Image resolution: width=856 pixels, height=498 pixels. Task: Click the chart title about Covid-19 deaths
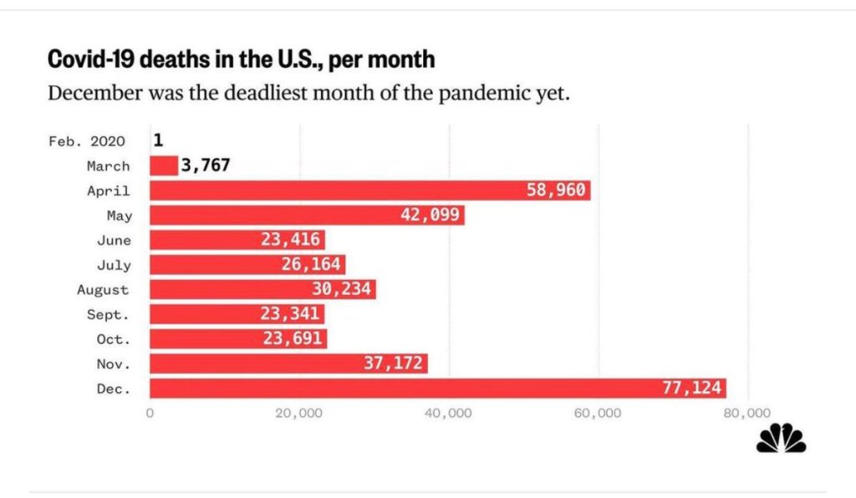pyautogui.click(x=241, y=59)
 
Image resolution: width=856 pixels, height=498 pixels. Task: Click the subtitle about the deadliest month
pyautogui.click(x=308, y=92)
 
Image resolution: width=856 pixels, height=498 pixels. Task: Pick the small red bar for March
pyautogui.click(x=164, y=165)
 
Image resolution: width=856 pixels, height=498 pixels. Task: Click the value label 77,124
pyautogui.click(x=690, y=389)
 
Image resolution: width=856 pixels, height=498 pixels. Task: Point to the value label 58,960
pyautogui.click(x=556, y=191)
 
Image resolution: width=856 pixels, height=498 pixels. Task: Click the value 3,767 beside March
pyautogui.click(x=205, y=165)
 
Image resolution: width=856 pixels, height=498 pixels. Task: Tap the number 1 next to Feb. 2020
pyautogui.click(x=158, y=140)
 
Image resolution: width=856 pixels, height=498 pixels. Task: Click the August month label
pyautogui.click(x=103, y=290)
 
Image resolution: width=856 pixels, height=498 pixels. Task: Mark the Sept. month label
pyautogui.click(x=109, y=314)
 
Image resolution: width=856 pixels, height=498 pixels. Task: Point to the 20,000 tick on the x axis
pyautogui.click(x=298, y=413)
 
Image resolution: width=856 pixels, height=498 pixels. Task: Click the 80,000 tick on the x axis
pyautogui.click(x=746, y=413)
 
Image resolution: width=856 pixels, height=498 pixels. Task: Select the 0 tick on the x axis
pyautogui.click(x=150, y=413)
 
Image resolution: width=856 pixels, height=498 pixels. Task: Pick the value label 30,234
pyautogui.click(x=341, y=289)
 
